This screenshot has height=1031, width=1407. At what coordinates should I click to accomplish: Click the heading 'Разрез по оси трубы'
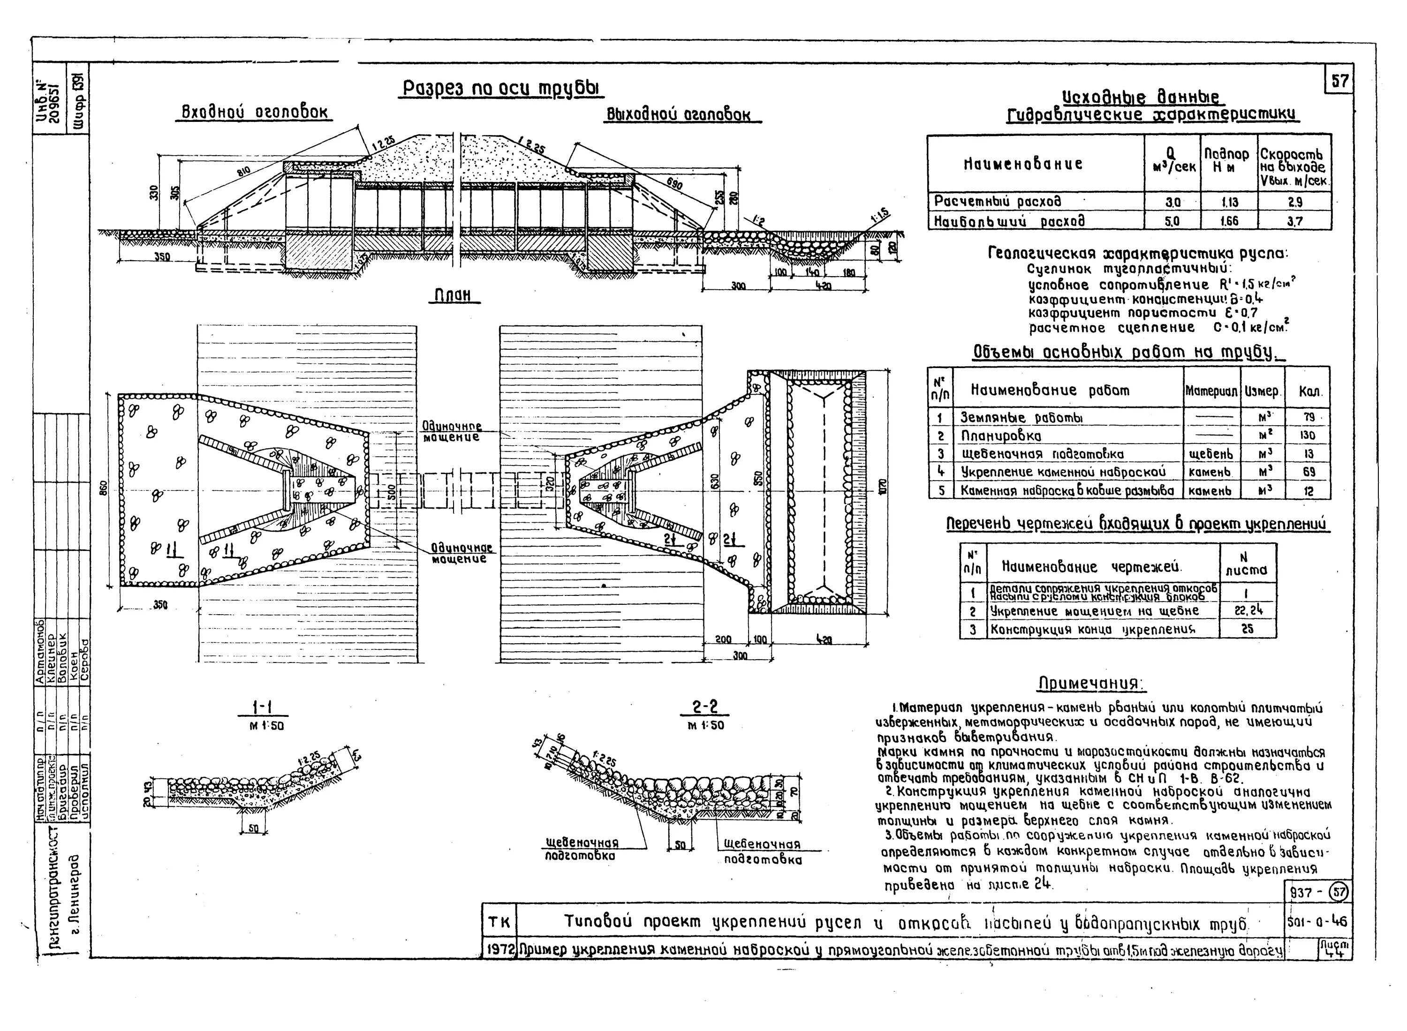501,88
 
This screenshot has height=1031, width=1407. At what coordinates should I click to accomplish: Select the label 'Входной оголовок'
255,113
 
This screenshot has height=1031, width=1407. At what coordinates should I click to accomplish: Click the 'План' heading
454,296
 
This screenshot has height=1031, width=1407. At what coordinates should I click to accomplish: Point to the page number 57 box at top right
1339,81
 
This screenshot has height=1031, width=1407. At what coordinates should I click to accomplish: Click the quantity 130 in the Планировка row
1309,436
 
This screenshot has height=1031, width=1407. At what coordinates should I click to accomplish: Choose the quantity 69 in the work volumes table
1309,473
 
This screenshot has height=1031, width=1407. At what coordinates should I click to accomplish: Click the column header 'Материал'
1211,392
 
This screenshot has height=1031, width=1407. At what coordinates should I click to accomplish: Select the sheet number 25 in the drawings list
1247,629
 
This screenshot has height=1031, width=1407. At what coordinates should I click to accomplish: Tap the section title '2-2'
705,707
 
